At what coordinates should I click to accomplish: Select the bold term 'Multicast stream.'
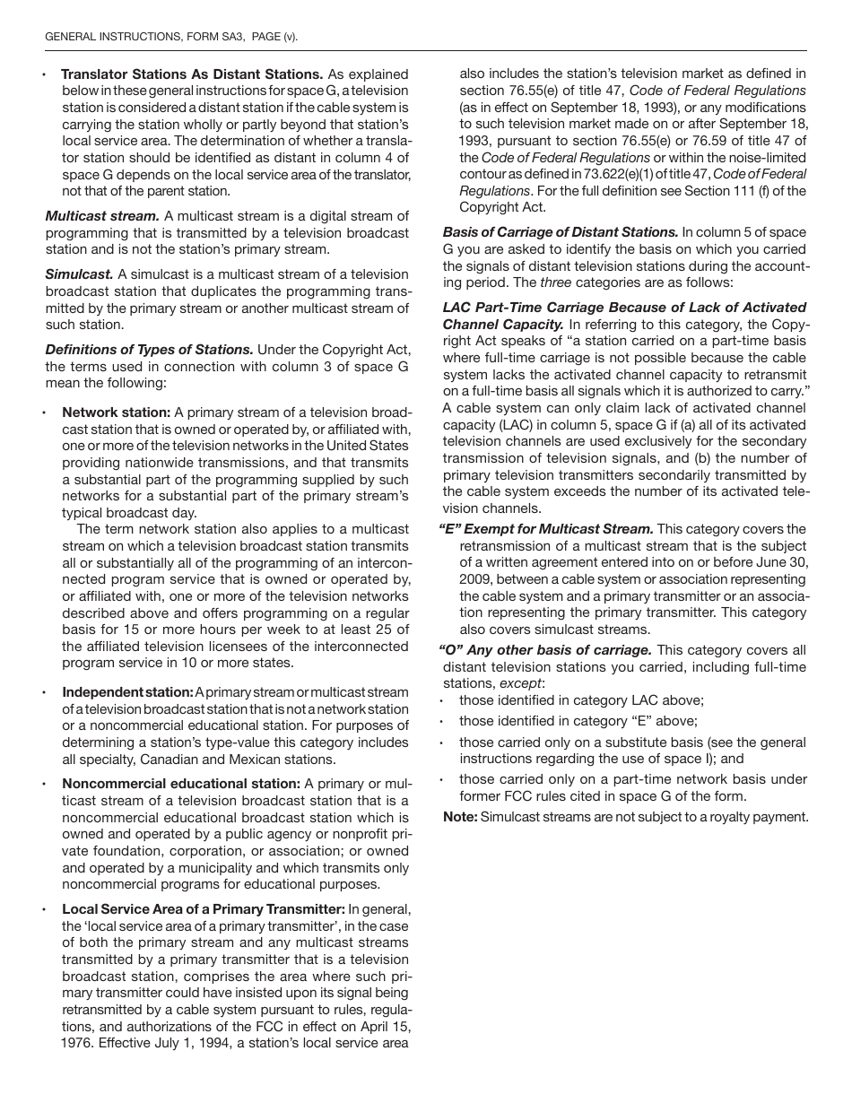pyautogui.click(x=102, y=216)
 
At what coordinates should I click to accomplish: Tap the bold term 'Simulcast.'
pyautogui.click(x=79, y=274)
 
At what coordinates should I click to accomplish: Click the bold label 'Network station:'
pyautogui.click(x=116, y=413)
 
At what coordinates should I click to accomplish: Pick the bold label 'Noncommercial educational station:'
pyautogui.click(x=180, y=784)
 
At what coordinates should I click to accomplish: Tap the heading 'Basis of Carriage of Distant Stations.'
pyautogui.click(x=561, y=232)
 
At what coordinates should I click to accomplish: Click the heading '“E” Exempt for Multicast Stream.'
pyautogui.click(x=546, y=529)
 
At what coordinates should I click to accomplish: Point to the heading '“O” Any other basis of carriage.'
pyautogui.click(x=546, y=650)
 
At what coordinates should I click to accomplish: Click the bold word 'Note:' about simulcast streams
pyautogui.click(x=460, y=817)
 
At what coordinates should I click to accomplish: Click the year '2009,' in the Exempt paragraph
pyautogui.click(x=475, y=579)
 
